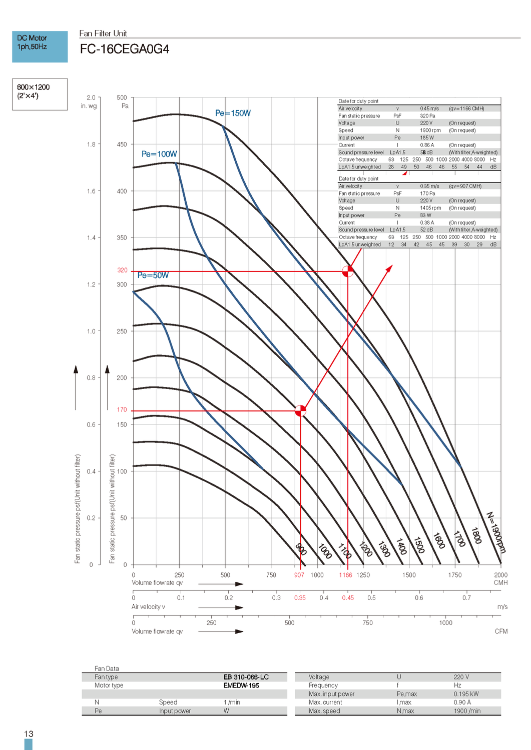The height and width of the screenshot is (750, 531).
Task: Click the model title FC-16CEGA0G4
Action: [125, 49]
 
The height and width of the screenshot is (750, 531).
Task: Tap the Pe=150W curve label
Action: [233, 113]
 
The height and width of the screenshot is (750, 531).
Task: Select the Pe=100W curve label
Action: [159, 154]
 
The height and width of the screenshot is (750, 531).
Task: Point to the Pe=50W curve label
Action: [153, 275]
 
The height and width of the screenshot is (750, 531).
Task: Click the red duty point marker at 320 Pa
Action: [347, 271]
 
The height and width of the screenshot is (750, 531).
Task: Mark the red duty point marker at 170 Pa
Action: [300, 411]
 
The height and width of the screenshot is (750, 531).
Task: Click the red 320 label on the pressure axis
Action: [122, 270]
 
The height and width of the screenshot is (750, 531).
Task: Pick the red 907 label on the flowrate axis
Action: [299, 575]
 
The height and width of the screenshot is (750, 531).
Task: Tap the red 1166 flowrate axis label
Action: [345, 575]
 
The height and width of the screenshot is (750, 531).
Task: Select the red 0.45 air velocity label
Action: [348, 598]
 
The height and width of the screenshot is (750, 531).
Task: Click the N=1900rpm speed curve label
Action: [496, 532]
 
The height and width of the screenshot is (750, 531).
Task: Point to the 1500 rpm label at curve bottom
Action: [419, 545]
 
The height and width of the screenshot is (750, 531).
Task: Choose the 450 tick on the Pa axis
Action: [122, 144]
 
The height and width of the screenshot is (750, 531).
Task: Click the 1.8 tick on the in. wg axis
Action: [91, 144]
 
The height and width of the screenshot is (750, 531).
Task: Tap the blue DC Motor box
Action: [40, 46]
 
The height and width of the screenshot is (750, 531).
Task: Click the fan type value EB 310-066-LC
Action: [246, 677]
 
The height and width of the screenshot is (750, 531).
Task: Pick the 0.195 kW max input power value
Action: [466, 694]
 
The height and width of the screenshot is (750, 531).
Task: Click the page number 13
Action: [29, 734]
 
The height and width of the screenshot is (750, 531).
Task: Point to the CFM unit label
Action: [501, 631]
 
